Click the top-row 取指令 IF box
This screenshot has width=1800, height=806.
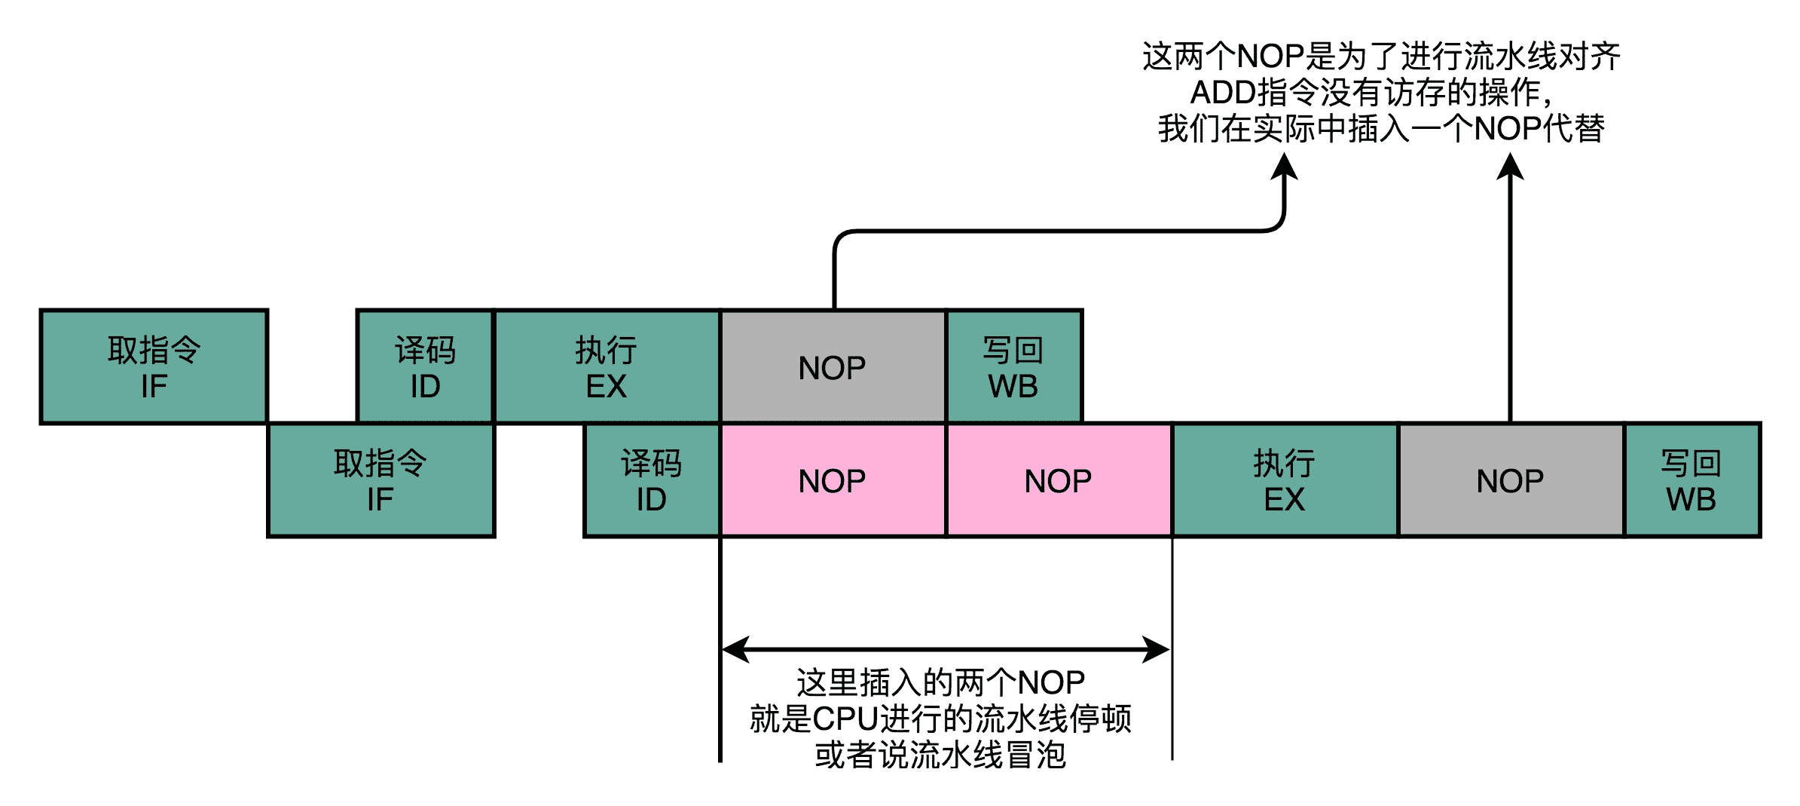pyautogui.click(x=154, y=367)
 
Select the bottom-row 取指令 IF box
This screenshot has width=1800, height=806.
pyautogui.click(x=380, y=480)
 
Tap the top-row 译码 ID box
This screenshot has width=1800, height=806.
pyautogui.click(x=425, y=367)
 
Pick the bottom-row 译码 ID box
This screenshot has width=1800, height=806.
pyautogui.click(x=652, y=480)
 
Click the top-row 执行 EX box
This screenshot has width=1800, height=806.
pyautogui.click(x=607, y=367)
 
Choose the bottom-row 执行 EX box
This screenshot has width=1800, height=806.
pyautogui.click(x=1285, y=480)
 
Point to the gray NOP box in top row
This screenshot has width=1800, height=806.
pyautogui.click(x=833, y=367)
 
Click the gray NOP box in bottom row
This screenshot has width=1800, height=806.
pyautogui.click(x=1511, y=480)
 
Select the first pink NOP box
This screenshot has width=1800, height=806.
pyautogui.click(x=833, y=480)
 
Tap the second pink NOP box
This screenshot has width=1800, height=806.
pyautogui.click(x=1059, y=480)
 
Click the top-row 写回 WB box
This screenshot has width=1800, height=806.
pyautogui.click(x=1013, y=367)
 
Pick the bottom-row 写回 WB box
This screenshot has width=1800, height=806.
pyautogui.click(x=1692, y=480)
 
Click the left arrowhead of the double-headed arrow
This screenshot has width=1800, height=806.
pyautogui.click(x=735, y=648)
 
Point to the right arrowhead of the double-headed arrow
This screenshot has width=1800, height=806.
pyautogui.click(x=1157, y=648)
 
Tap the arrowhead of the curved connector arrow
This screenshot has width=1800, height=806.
pyautogui.click(x=1285, y=167)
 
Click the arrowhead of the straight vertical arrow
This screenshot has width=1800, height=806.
pyautogui.click(x=1511, y=167)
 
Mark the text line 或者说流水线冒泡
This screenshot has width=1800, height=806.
pyautogui.click(x=940, y=755)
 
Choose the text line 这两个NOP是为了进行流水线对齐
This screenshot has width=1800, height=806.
pyautogui.click(x=1381, y=57)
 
